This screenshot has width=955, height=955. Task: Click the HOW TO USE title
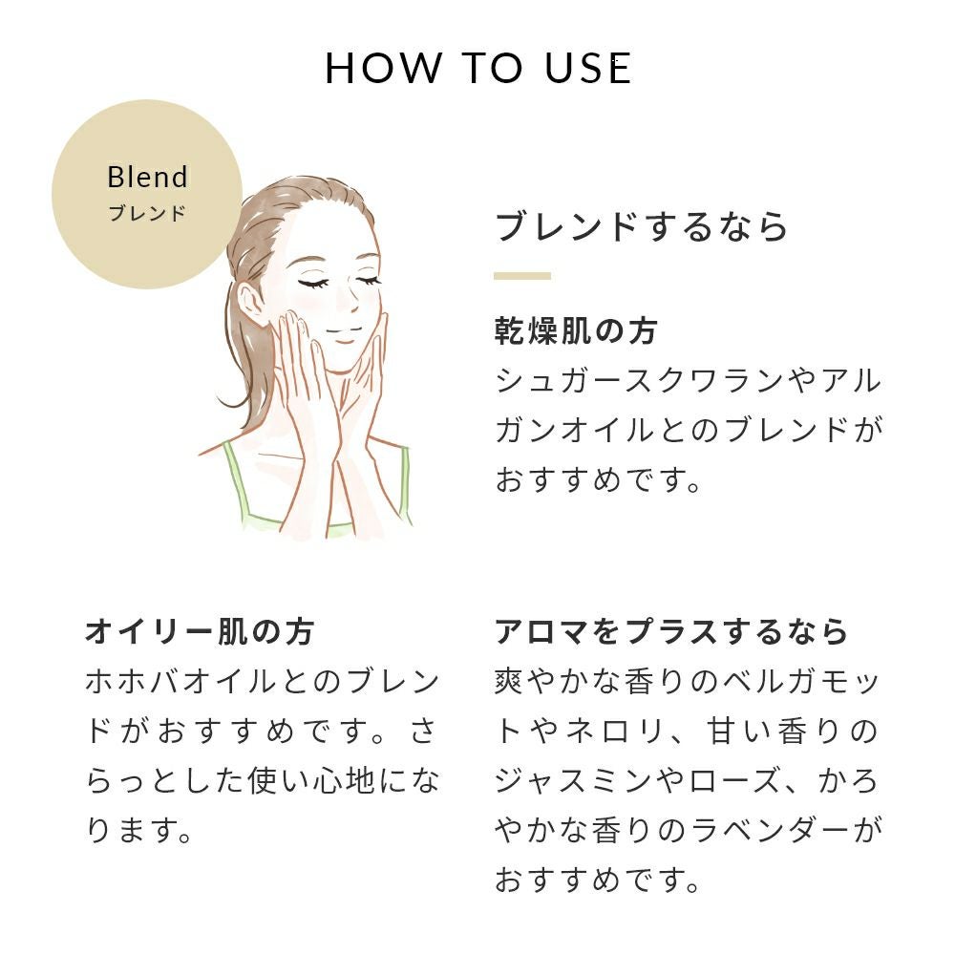pyautogui.click(x=478, y=68)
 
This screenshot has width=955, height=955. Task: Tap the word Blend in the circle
pyautogui.click(x=147, y=178)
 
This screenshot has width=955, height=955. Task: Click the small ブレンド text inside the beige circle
pyautogui.click(x=147, y=213)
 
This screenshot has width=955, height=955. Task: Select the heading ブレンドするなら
pyautogui.click(x=642, y=226)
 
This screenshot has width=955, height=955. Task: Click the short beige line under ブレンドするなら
pyautogui.click(x=522, y=276)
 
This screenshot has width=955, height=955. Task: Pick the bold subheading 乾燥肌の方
pyautogui.click(x=576, y=331)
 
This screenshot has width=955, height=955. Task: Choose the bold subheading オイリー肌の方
pyautogui.click(x=200, y=631)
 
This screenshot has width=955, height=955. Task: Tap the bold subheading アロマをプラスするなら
pyautogui.click(x=671, y=631)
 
